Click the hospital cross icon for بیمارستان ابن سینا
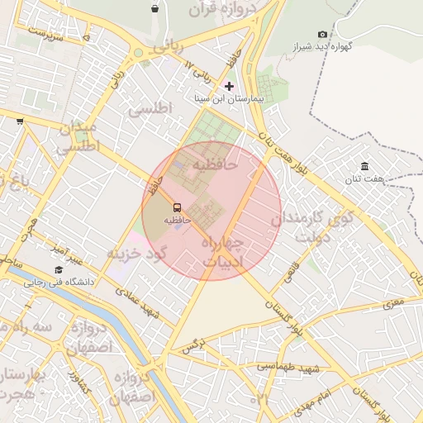click(229, 86)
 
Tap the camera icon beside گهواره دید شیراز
click(322, 34)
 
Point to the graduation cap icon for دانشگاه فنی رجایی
click(59, 269)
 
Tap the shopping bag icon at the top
click(155, 9)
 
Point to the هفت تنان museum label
click(364, 178)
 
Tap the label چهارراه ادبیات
click(221, 252)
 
